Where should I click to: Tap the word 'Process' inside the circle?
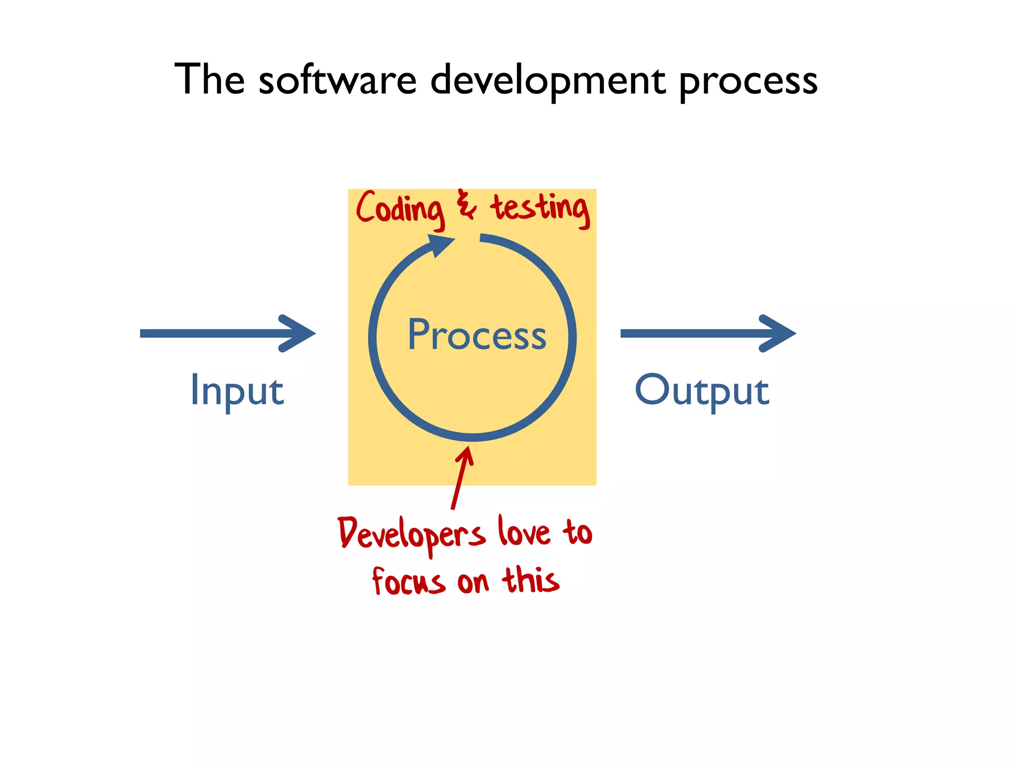click(x=477, y=335)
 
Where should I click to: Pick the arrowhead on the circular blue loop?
click(x=440, y=244)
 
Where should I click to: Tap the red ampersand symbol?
click(x=466, y=205)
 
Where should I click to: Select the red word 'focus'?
click(x=408, y=582)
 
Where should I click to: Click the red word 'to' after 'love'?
click(x=577, y=533)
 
